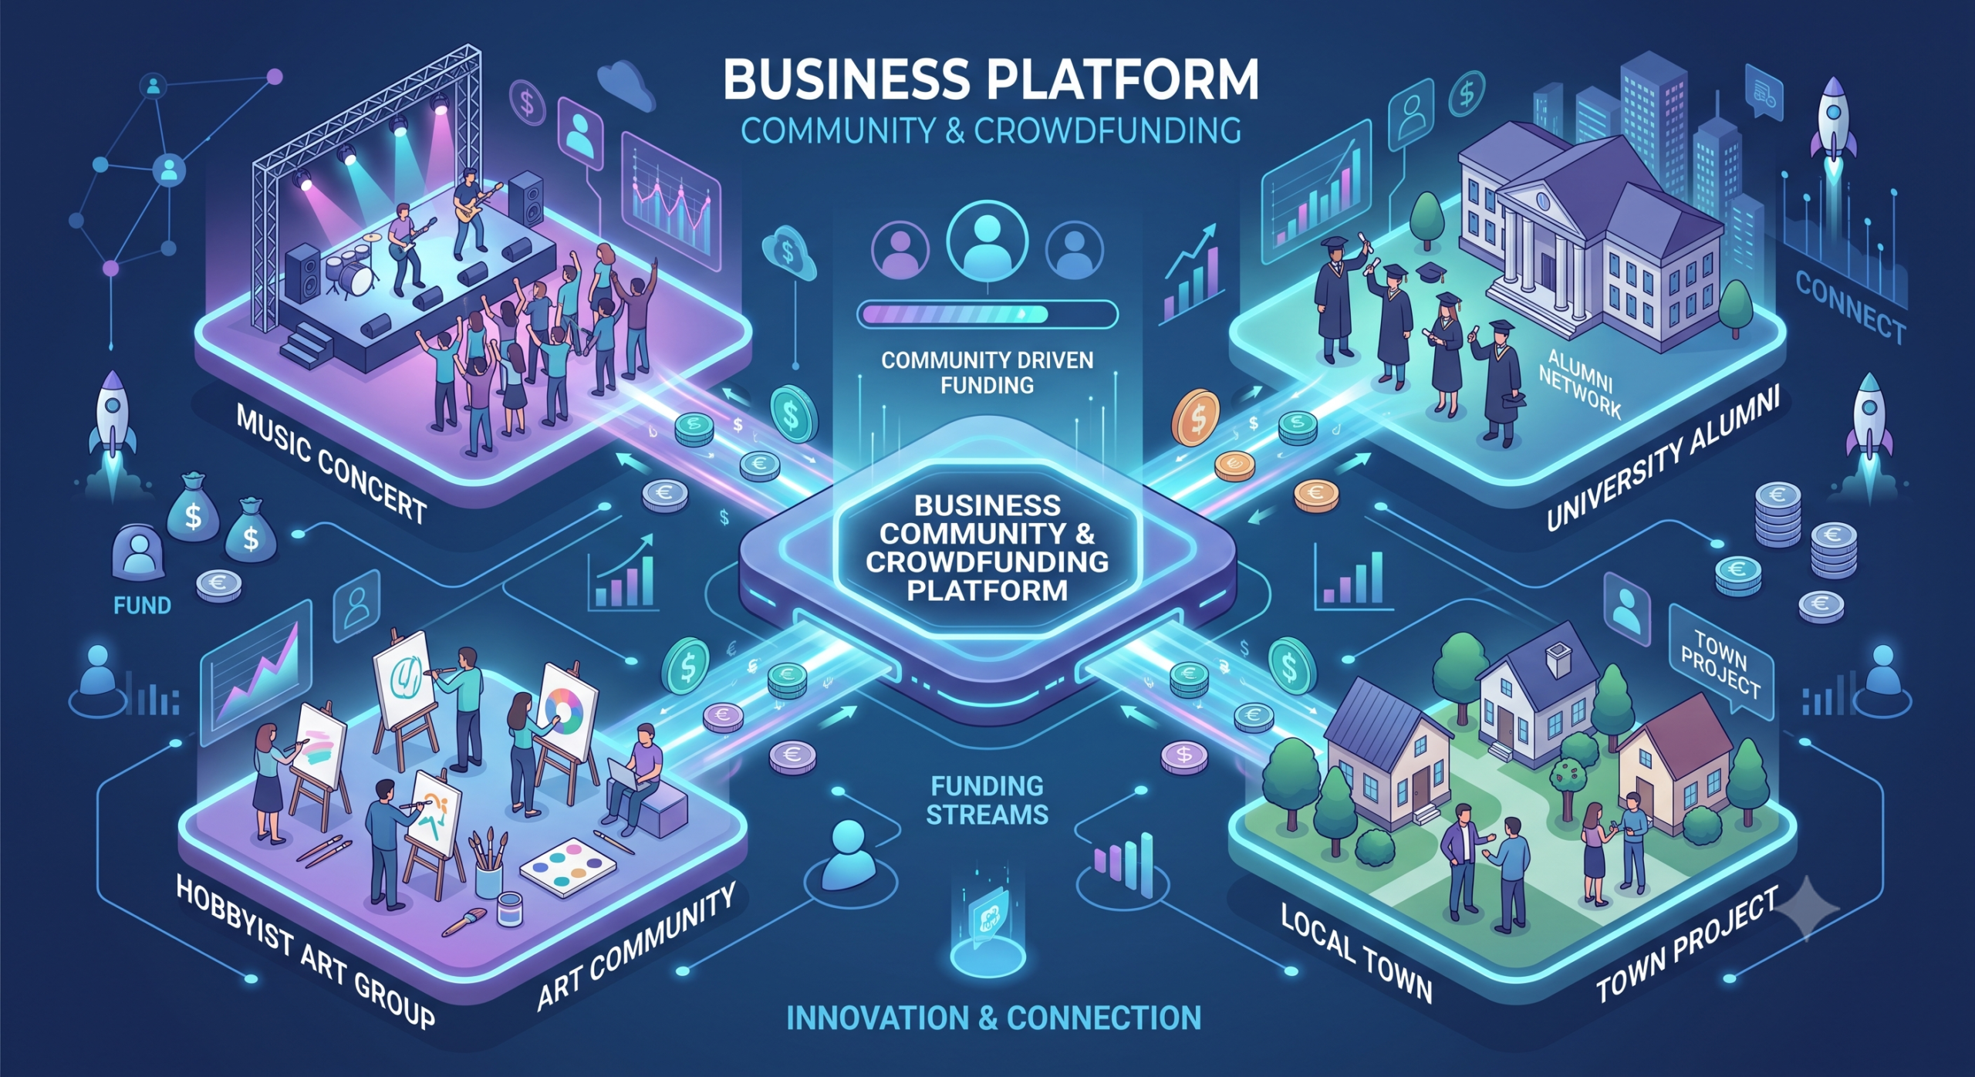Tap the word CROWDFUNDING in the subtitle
coord(1108,130)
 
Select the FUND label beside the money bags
coord(142,606)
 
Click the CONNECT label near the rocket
coord(1850,307)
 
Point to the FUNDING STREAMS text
coord(987,800)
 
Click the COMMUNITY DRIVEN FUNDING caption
coord(987,373)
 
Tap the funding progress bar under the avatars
coord(987,314)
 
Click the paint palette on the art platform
coord(569,864)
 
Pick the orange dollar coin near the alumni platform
coord(1195,417)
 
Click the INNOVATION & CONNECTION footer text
coord(994,1018)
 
